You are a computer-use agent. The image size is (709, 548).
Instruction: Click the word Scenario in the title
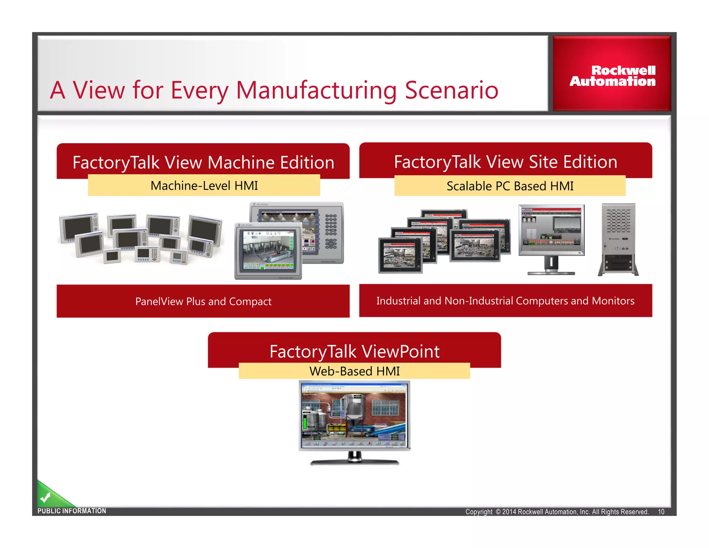point(451,90)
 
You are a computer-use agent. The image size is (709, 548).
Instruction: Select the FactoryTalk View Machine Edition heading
point(203,162)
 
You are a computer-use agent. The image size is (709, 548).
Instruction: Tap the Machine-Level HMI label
point(204,186)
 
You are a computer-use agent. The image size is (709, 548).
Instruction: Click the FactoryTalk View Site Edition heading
point(505,161)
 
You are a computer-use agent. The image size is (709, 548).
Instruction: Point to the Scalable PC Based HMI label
point(510,186)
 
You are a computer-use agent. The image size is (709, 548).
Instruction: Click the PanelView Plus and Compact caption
point(203,301)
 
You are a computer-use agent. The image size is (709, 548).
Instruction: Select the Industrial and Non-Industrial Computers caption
point(505,301)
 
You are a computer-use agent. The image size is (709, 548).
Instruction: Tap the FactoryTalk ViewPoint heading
point(354,351)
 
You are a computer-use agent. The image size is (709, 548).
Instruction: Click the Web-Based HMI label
point(354,371)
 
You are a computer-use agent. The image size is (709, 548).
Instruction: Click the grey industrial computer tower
point(618,239)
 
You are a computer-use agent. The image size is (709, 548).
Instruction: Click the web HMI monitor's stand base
point(354,462)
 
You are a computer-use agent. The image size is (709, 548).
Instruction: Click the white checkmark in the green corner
point(45,498)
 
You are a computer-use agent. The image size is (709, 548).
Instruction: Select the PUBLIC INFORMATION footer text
point(72,511)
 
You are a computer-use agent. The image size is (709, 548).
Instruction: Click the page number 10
point(661,512)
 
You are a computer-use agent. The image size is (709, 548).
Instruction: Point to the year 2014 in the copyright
point(509,512)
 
